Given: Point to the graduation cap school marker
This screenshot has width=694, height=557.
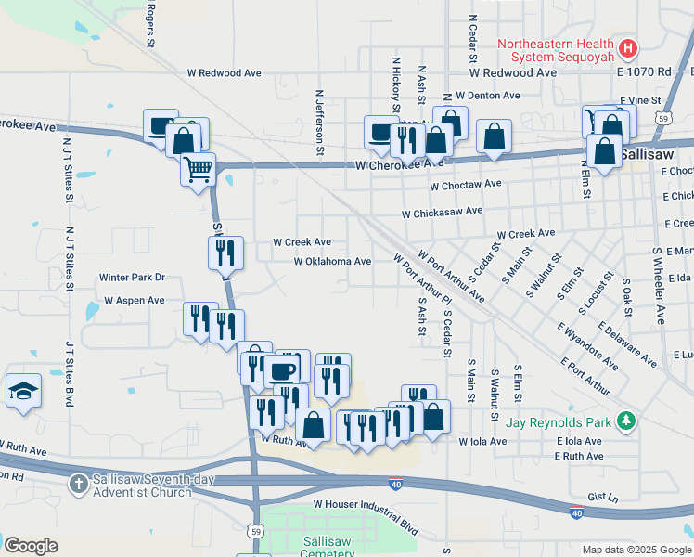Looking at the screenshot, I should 22,391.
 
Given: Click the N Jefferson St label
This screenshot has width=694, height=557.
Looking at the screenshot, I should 319,121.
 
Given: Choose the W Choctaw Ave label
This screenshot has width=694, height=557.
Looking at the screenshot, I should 466,185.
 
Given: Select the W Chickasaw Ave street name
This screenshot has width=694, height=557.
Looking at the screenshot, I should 442,212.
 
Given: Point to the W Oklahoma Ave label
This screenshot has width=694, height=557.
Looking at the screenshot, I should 332,262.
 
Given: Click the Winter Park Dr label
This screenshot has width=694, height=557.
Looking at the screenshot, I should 132,277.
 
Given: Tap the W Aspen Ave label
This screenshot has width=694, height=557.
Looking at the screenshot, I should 134,301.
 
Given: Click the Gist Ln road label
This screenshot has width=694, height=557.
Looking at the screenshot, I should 602,498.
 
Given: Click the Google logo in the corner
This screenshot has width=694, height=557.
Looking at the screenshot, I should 31,546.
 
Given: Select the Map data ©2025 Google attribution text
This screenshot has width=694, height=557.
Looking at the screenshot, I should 636,550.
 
